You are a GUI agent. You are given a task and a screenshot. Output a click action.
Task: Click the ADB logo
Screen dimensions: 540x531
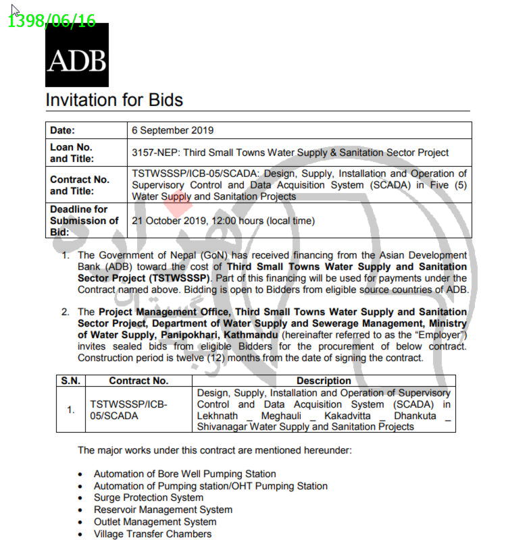(76, 60)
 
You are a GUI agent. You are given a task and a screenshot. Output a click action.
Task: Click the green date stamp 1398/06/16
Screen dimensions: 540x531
(51, 21)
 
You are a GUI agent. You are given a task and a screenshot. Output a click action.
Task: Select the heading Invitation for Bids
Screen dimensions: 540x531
(113, 101)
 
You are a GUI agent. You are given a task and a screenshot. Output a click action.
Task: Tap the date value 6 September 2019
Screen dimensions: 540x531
(172, 130)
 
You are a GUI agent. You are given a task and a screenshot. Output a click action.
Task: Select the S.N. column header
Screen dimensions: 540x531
(70, 381)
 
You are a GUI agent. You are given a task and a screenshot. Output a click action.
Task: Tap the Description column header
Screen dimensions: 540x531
(324, 381)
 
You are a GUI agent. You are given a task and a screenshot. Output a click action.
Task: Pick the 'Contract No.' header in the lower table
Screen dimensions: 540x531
(138, 381)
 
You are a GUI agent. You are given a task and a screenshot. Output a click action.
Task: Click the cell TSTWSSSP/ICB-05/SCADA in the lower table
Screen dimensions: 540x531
(128, 410)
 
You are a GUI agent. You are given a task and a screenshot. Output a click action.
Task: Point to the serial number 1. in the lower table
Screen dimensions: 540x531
(70, 410)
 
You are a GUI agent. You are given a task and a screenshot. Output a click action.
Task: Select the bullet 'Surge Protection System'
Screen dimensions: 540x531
(149, 497)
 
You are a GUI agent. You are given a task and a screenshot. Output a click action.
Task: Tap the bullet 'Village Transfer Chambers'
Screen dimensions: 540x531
(153, 534)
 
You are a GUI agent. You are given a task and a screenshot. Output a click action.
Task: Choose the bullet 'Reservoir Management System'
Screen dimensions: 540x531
(163, 510)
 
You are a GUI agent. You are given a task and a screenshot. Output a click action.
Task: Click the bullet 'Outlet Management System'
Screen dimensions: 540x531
(155, 522)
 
